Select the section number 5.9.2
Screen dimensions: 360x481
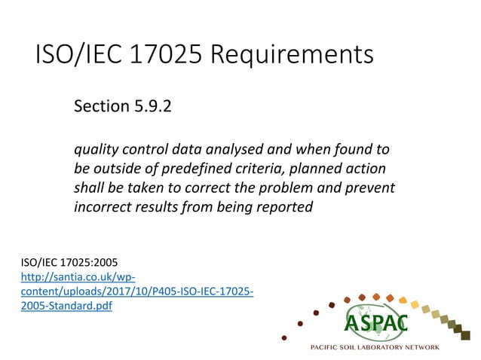pyautogui.click(x=153, y=106)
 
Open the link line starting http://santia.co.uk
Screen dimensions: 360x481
pyautogui.click(x=80, y=277)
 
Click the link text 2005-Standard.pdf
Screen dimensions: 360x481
pyautogui.click(x=66, y=306)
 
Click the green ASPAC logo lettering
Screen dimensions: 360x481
pyautogui.click(x=376, y=322)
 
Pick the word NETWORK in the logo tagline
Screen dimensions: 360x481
pyautogui.click(x=449, y=347)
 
